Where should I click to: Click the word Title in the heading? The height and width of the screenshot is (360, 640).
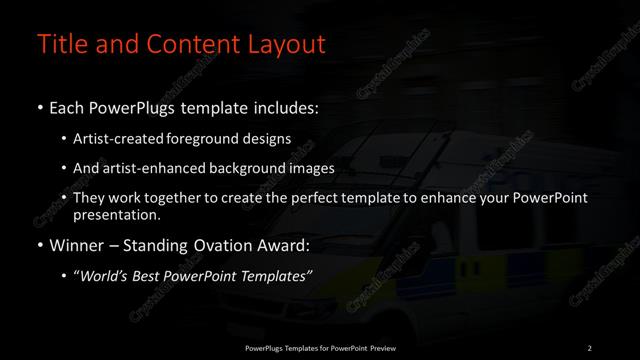[57, 45]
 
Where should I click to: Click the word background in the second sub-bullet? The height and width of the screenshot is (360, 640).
[234, 168]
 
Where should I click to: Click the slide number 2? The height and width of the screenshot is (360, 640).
[590, 347]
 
